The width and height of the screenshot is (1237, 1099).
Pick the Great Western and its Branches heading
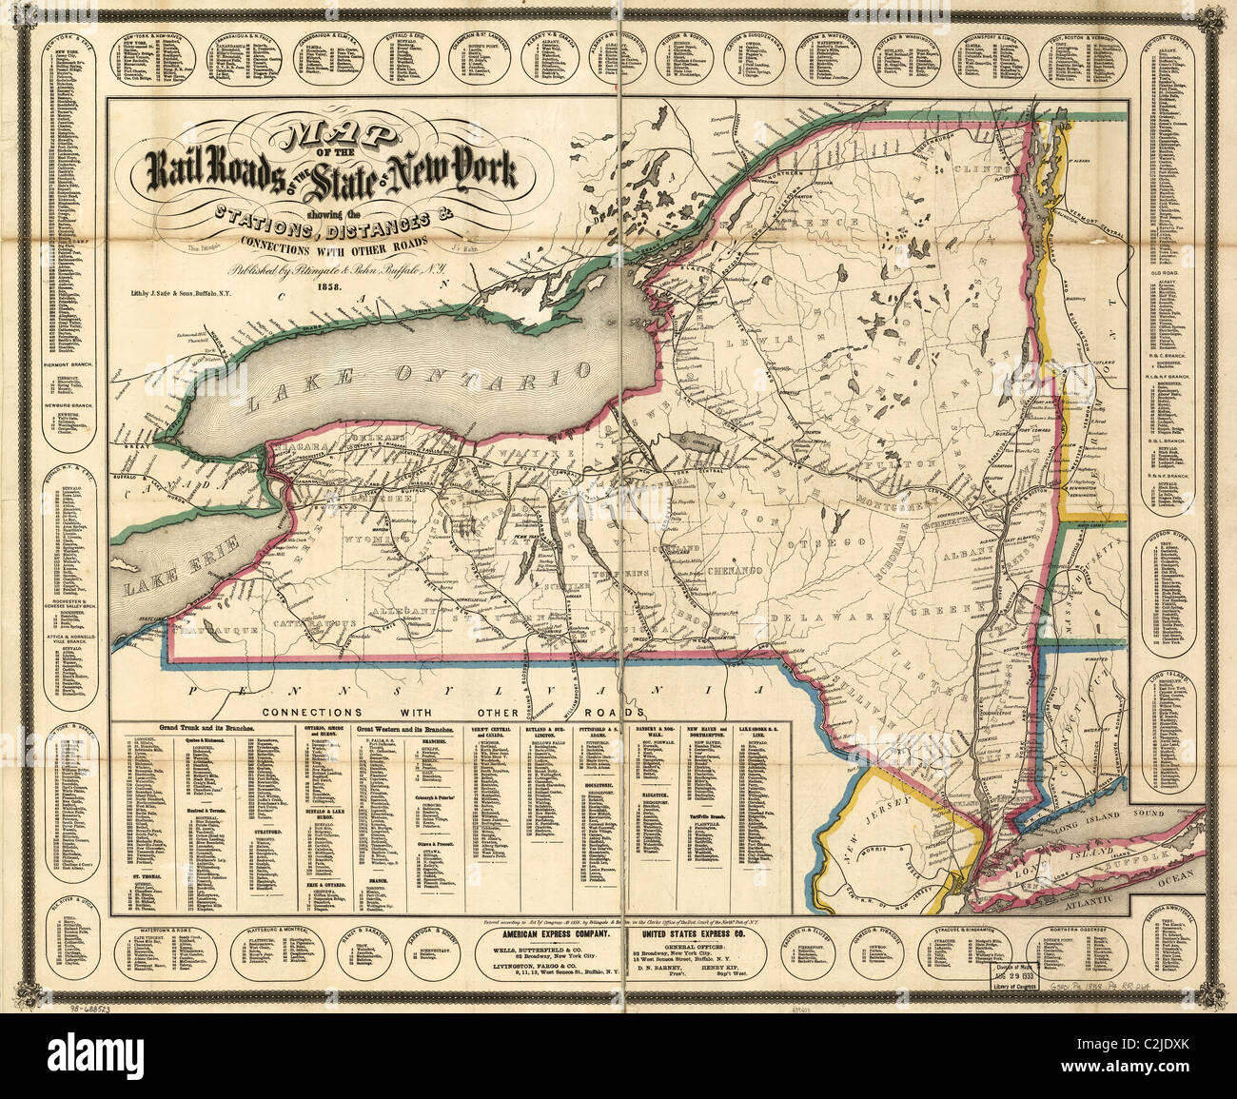(404, 727)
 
